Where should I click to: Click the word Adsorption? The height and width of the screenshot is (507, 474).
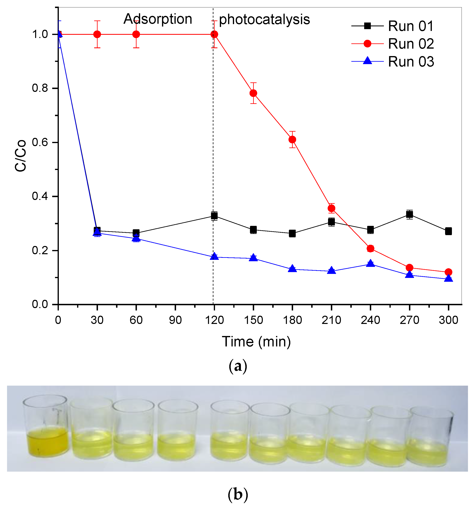[x=158, y=19]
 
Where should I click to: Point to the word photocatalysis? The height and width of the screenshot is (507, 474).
[x=264, y=20]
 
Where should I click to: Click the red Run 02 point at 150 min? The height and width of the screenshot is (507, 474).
[x=253, y=93]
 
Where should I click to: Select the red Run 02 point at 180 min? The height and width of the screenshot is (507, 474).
[x=292, y=139]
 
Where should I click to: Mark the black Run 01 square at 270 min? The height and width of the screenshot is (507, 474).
[x=409, y=214]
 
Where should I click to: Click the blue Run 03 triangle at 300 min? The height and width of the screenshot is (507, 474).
[x=448, y=279]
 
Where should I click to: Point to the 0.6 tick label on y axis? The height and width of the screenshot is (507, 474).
[x=40, y=142]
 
